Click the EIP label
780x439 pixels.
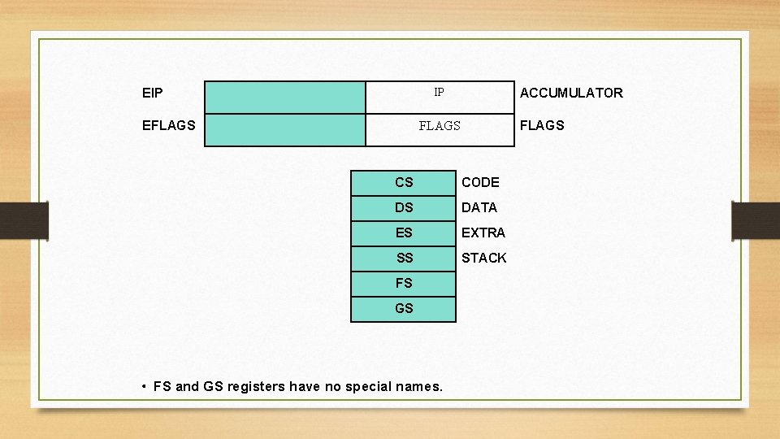[x=152, y=93]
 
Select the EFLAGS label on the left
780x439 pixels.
[x=168, y=126]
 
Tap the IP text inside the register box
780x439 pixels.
[x=439, y=93]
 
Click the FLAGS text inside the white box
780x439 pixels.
[x=440, y=126]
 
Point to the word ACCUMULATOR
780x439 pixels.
[x=571, y=93]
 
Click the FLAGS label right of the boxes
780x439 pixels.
[x=542, y=126]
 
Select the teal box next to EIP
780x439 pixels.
[x=284, y=98]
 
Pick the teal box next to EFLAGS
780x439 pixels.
[x=284, y=130]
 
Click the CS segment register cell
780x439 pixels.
[x=404, y=183]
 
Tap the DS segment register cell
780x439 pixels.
[x=404, y=208]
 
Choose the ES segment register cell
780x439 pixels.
[x=404, y=233]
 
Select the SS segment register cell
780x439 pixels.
[x=404, y=259]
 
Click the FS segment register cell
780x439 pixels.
[x=404, y=284]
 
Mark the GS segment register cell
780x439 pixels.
[x=404, y=309]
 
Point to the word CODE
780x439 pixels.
[x=480, y=183]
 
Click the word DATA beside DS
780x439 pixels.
[x=479, y=208]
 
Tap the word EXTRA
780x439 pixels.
[x=483, y=233]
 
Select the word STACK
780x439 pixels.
[x=484, y=259]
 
